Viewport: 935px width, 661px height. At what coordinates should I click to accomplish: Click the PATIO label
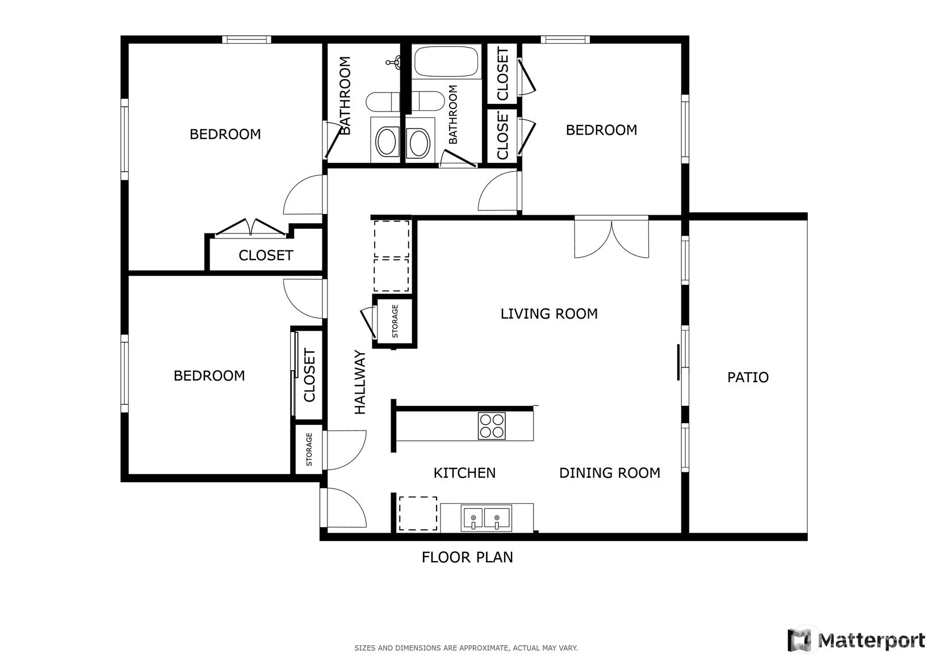(x=748, y=378)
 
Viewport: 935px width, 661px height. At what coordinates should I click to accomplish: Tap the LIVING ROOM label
(x=549, y=314)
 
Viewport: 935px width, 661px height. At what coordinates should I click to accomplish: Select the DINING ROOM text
(x=609, y=473)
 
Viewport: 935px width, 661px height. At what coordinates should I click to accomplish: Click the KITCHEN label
(x=464, y=473)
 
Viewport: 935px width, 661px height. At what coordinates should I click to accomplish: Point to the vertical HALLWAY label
(x=360, y=382)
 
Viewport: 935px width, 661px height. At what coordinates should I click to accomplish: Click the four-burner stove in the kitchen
(x=492, y=426)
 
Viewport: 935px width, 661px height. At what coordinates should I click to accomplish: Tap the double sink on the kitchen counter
(x=486, y=518)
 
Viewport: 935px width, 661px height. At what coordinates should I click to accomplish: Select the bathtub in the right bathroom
(x=446, y=62)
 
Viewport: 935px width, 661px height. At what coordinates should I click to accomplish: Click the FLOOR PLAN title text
(x=467, y=558)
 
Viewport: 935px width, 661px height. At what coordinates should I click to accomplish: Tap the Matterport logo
(x=856, y=641)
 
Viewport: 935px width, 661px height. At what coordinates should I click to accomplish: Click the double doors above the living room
(x=611, y=239)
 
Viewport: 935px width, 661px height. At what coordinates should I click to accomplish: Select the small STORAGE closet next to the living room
(x=395, y=321)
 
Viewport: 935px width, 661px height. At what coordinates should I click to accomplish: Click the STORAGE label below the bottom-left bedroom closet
(x=309, y=449)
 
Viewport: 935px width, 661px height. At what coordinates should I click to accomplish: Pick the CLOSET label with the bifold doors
(x=266, y=256)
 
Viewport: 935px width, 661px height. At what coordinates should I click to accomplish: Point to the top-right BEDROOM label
(x=601, y=130)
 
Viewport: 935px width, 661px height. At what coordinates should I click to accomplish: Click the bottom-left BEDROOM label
(x=209, y=376)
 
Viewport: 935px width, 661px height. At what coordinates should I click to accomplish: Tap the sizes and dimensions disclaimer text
(x=466, y=648)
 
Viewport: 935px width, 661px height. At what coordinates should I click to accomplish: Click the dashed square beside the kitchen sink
(x=418, y=513)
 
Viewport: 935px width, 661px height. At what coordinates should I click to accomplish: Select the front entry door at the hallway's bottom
(x=343, y=508)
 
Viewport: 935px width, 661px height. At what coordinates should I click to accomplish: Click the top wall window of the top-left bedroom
(x=246, y=40)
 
